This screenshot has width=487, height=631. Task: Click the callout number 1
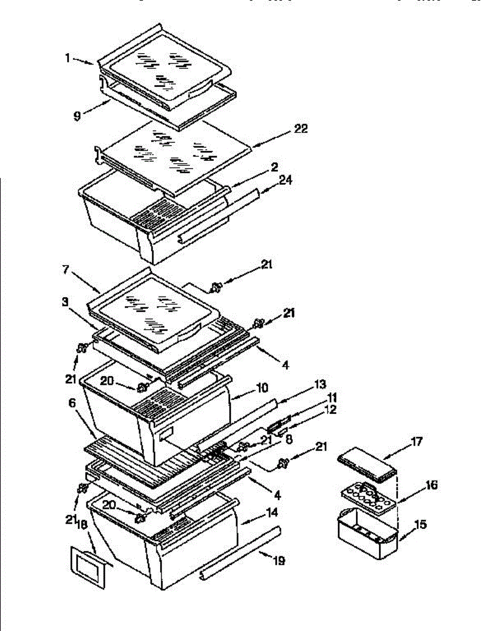click(x=68, y=58)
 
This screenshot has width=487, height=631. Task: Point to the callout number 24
click(x=286, y=180)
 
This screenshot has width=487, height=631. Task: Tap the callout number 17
click(x=416, y=442)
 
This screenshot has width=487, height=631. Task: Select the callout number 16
click(x=431, y=485)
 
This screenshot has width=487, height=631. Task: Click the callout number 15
click(x=421, y=525)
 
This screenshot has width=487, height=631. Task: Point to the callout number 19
click(x=279, y=561)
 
